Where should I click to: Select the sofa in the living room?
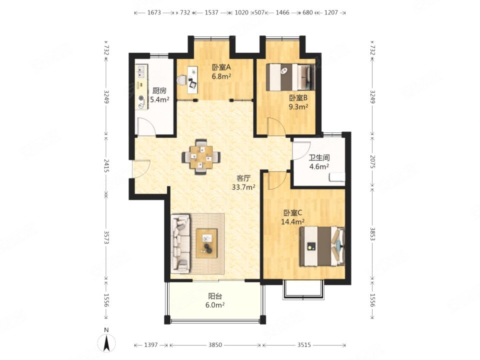coord(180,243)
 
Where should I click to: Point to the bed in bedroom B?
coord(290,77)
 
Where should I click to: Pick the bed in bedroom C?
coord(322,246)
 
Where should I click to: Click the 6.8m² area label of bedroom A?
coord(221,76)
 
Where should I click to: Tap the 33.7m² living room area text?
coord(243,187)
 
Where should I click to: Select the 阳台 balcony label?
coord(215,296)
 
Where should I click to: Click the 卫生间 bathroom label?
coord(319,158)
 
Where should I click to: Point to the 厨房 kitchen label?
coord(159,91)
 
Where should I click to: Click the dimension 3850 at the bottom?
coord(215,345)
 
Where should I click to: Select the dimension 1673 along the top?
coord(154,12)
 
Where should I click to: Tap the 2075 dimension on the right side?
coord(372,161)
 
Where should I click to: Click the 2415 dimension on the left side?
coord(106,165)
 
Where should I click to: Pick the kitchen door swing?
coord(146,126)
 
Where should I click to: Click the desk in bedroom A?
coord(192,79)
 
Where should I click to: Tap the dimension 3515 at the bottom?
coord(304,345)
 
